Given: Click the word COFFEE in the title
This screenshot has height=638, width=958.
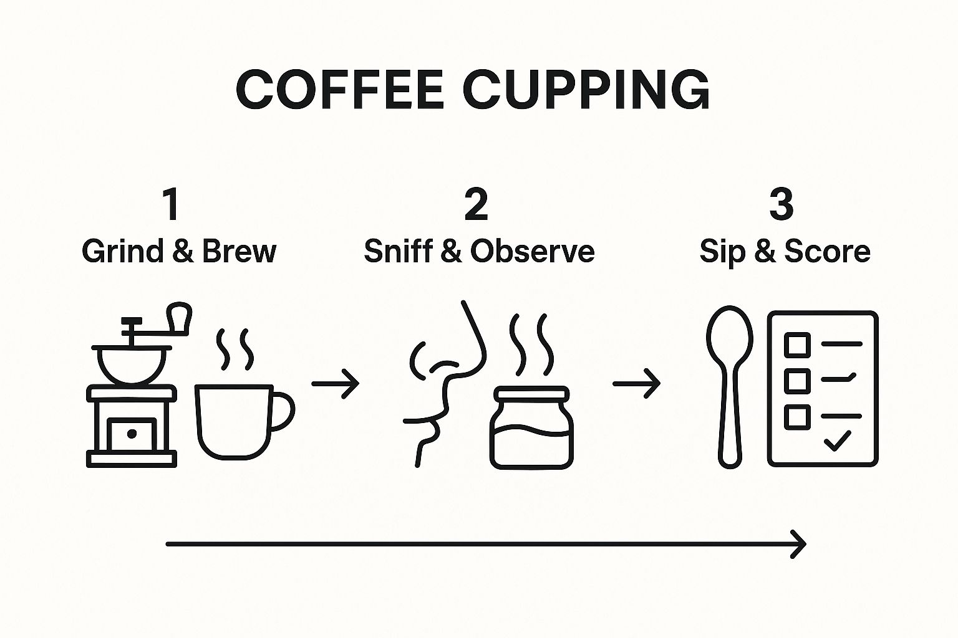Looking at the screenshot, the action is pyautogui.click(x=340, y=90).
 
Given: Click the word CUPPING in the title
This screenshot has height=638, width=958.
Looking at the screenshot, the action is pyautogui.click(x=586, y=90).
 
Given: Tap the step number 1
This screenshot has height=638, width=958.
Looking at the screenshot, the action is pyautogui.click(x=172, y=205).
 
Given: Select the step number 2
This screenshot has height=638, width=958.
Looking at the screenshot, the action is pyautogui.click(x=476, y=205).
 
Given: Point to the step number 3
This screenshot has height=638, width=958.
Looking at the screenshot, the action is pyautogui.click(x=781, y=205).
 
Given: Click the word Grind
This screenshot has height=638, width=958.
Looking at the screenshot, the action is pyautogui.click(x=123, y=251).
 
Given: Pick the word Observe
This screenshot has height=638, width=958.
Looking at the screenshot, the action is pyautogui.click(x=533, y=251).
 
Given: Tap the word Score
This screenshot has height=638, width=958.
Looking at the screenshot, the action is pyautogui.click(x=828, y=251).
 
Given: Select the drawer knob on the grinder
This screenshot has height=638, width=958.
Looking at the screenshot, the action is pyautogui.click(x=132, y=434).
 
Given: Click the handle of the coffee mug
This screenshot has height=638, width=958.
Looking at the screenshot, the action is pyautogui.click(x=283, y=411).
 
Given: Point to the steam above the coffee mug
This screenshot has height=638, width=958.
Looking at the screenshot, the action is pyautogui.click(x=235, y=349).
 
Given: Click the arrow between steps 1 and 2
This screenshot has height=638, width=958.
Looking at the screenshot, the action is pyautogui.click(x=336, y=384).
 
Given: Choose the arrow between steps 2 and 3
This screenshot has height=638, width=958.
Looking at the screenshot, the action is pyautogui.click(x=636, y=384).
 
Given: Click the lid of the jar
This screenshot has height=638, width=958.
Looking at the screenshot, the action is pyautogui.click(x=531, y=394).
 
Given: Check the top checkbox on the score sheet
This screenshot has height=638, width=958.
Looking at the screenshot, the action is pyautogui.click(x=797, y=345).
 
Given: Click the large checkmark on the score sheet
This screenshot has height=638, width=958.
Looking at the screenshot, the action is pyautogui.click(x=837, y=440).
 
